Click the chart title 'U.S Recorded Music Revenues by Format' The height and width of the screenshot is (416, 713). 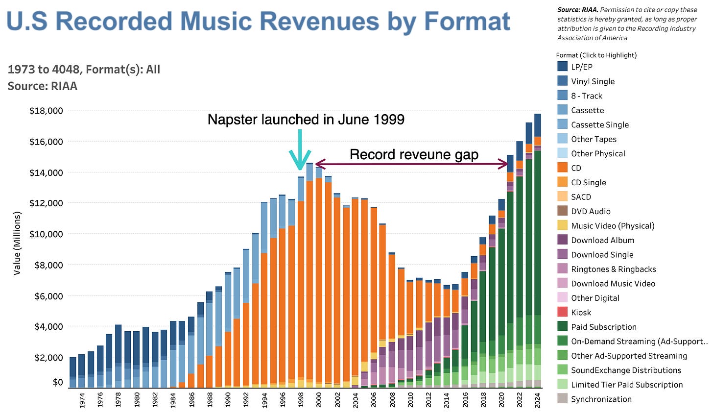[x=258, y=22]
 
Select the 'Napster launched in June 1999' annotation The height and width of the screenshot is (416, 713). [x=306, y=120]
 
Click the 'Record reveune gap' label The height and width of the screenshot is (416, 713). [x=414, y=155]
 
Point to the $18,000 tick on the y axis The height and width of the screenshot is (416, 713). [x=46, y=111]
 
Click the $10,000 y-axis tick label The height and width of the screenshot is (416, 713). [x=46, y=234]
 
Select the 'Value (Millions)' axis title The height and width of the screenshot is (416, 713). [x=18, y=243]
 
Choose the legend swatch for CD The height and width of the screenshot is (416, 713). [x=563, y=168]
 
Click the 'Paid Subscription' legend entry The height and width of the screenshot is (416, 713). [x=603, y=327]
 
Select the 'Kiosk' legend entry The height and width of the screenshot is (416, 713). [x=581, y=313]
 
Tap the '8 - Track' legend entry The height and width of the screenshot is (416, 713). [x=586, y=96]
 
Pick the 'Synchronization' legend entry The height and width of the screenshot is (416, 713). [x=601, y=399]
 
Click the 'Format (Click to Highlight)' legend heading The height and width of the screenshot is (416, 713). [x=596, y=55]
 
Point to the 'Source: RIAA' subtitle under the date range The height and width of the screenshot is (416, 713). [x=43, y=86]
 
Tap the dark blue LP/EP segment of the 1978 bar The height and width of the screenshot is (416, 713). [x=119, y=343]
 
